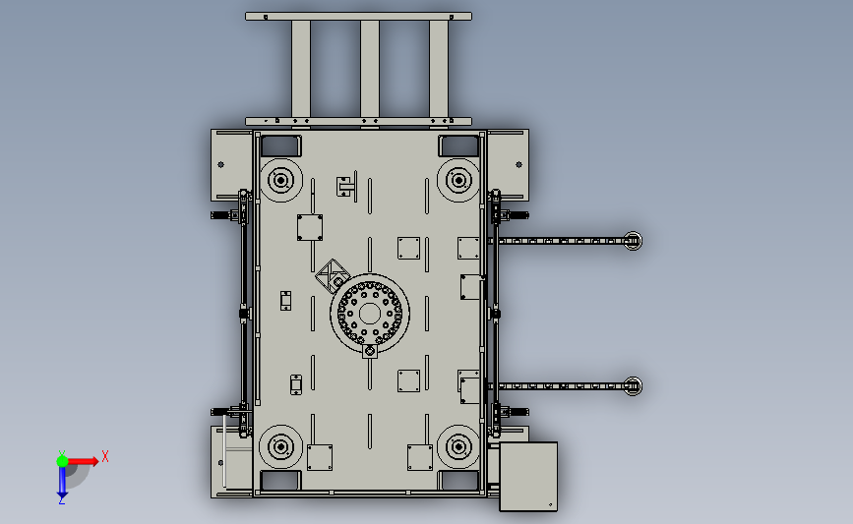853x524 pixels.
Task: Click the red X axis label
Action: [105, 456]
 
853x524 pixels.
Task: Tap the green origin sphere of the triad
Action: [63, 461]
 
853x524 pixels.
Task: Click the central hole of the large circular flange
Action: [370, 314]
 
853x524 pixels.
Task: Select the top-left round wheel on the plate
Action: [281, 180]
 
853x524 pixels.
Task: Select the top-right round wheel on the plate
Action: [458, 180]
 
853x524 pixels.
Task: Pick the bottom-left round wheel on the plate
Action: [281, 446]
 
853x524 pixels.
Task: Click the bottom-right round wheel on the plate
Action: [458, 446]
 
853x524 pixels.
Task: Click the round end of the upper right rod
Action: [633, 241]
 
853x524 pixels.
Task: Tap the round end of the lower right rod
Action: [633, 386]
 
